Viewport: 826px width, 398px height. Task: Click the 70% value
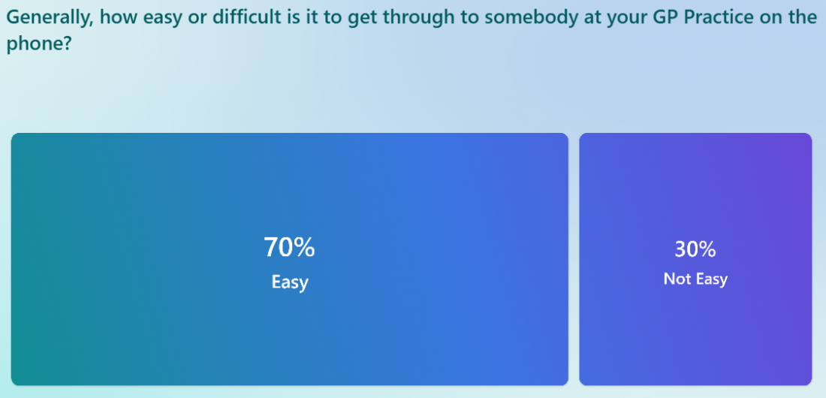point(289,247)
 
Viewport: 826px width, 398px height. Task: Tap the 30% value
point(695,249)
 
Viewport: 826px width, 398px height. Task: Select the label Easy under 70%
point(290,282)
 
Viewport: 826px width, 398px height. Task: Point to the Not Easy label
point(695,279)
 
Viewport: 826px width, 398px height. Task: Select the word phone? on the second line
point(38,44)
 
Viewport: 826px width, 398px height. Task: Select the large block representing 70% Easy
point(290,259)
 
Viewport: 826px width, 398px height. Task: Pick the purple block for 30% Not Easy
point(695,259)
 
